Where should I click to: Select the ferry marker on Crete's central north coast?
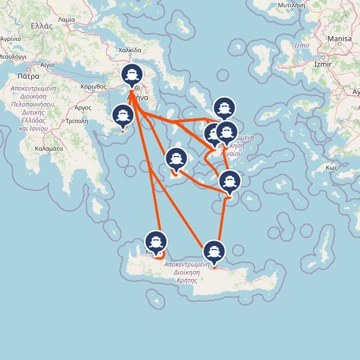214,251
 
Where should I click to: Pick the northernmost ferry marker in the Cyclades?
224,107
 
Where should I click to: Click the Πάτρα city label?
28,77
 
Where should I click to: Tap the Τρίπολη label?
77,121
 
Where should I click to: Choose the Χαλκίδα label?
130,51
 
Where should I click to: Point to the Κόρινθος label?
93,87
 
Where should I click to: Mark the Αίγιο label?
47,64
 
